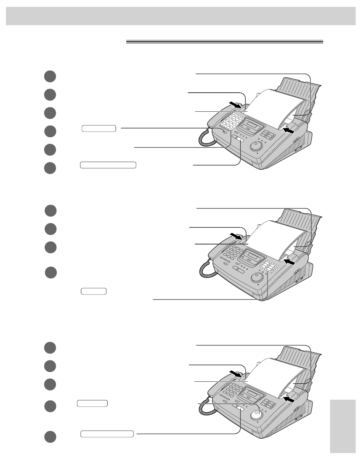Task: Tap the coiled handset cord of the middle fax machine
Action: tap(206, 268)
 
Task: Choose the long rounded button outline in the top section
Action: tap(108, 165)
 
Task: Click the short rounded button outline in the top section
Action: tap(99, 128)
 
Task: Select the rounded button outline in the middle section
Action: tap(93, 291)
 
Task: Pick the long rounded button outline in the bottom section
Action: tap(107, 434)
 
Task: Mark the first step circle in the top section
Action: tap(50, 76)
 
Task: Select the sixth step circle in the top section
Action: tap(50, 168)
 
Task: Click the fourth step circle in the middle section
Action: tap(51, 273)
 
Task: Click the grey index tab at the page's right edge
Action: tap(343, 426)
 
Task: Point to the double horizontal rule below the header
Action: tap(224, 42)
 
